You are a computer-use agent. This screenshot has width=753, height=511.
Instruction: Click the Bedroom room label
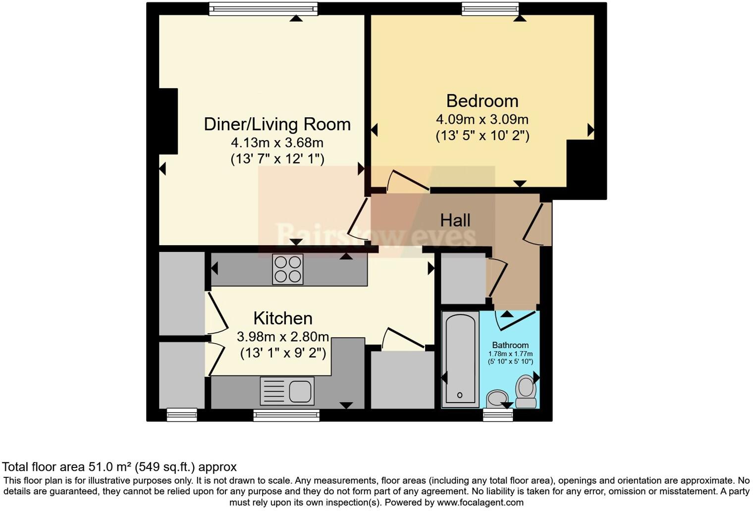482,101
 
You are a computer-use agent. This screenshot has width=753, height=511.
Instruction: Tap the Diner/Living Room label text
277,124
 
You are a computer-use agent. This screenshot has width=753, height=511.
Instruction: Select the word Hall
455,220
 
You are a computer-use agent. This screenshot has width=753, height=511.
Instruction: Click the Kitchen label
283,318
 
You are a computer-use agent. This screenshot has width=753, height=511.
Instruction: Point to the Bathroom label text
510,345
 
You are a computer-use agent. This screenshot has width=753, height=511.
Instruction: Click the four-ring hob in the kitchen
287,269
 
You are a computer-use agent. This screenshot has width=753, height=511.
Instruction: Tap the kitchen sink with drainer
287,391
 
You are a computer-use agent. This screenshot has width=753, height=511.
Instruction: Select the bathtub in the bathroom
460,359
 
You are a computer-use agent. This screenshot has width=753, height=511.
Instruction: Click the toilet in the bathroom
526,392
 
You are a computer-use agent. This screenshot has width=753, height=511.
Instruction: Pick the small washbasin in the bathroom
497,398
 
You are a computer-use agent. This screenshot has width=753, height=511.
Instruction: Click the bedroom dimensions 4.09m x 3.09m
482,119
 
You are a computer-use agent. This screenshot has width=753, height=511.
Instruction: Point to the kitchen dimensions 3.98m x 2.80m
283,337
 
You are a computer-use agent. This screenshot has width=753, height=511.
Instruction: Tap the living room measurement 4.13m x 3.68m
277,143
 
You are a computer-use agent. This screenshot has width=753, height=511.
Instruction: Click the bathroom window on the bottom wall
498,415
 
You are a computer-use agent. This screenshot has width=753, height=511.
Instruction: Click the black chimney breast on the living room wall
168,121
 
